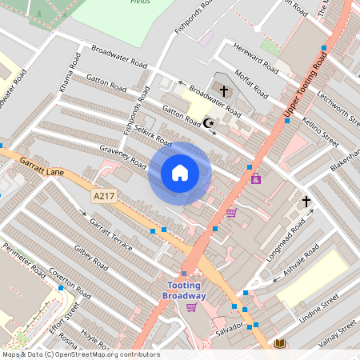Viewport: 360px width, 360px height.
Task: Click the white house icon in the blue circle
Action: click(x=180, y=173)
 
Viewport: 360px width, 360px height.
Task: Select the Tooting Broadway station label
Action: click(x=185, y=291)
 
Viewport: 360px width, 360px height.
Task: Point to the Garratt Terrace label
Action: click(x=110, y=234)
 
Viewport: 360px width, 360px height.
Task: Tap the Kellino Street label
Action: click(x=320, y=131)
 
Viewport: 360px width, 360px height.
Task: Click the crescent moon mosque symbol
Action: click(x=210, y=123)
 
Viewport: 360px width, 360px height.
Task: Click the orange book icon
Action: click(x=280, y=344)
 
